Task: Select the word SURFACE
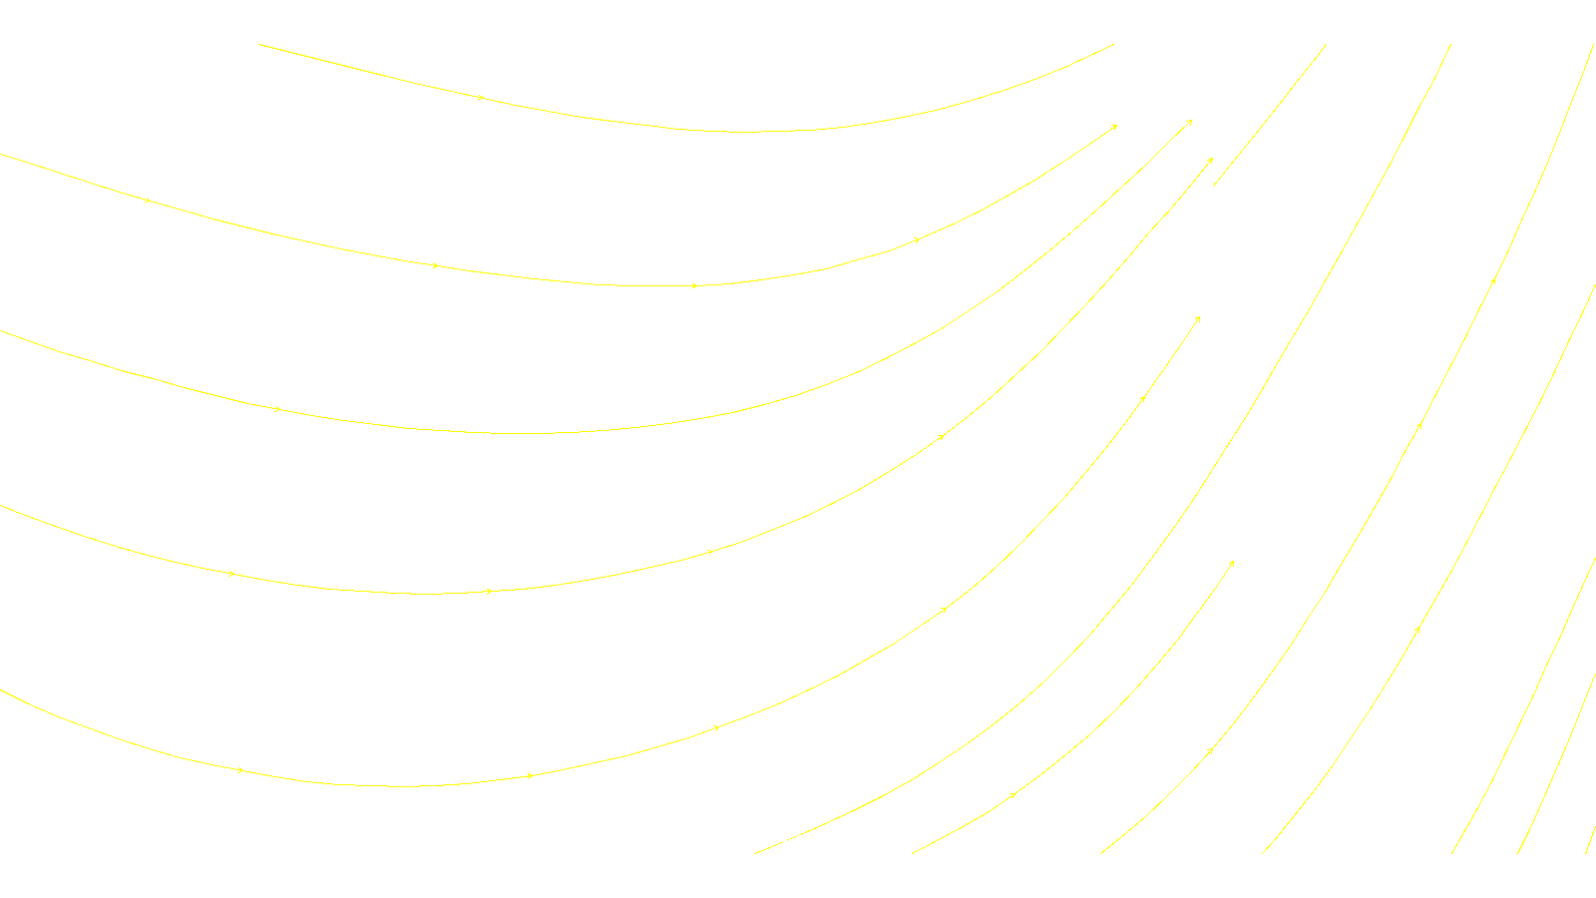point(798,838)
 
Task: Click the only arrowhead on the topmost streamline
point(481,98)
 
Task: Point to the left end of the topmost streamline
point(259,44)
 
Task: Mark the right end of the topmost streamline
point(1113,44)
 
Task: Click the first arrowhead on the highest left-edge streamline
point(148,201)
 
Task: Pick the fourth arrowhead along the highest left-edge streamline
point(917,239)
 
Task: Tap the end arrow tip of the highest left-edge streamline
point(1116,126)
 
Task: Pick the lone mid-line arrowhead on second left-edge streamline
point(277,409)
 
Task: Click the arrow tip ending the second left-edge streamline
point(1192,121)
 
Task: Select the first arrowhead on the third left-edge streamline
point(231,574)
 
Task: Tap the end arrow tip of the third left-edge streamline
point(1212,159)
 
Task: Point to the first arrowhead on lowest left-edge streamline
point(240,770)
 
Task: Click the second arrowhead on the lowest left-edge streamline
point(531,775)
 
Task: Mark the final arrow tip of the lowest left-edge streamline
point(1199,317)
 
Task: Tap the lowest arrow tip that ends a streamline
point(1234,562)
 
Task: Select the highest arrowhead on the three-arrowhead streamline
point(1493,281)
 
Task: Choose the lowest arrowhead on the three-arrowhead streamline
point(1417,630)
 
